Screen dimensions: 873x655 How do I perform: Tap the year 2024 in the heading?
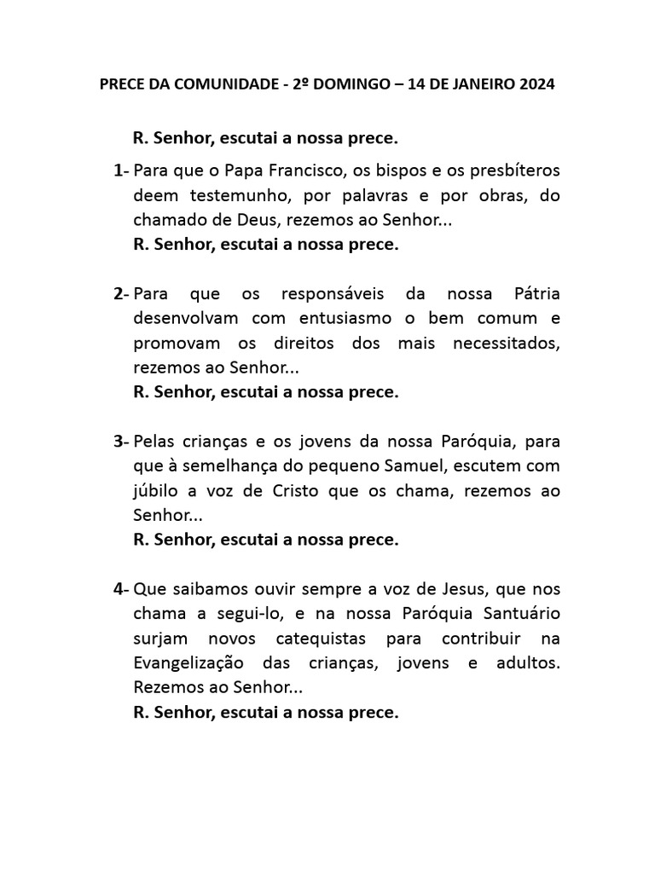[536, 84]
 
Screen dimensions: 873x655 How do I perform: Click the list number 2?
[118, 294]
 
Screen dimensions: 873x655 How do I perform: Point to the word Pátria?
[531, 294]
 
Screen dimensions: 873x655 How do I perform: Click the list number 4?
[118, 589]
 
